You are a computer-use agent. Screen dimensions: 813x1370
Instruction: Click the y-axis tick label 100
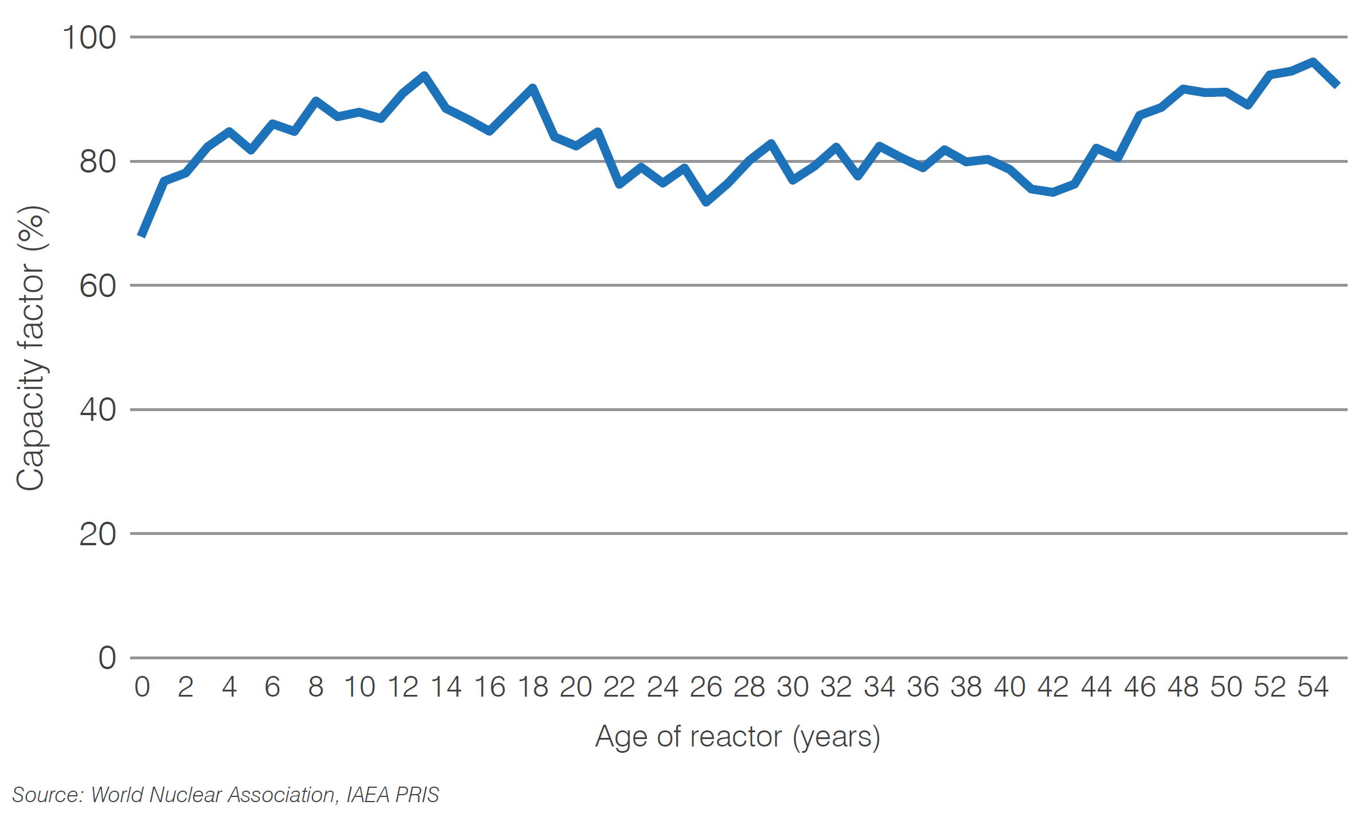[x=89, y=38]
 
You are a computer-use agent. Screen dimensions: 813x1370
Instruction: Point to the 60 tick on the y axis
[x=97, y=286]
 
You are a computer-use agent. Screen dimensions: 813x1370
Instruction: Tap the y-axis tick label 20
[x=97, y=534]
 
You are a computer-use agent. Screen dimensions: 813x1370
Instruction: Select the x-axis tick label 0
[x=142, y=687]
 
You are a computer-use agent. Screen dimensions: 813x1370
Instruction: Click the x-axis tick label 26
[x=706, y=687]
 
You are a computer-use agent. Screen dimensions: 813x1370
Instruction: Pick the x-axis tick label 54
[x=1313, y=687]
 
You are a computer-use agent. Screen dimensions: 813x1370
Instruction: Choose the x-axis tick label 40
[x=1010, y=687]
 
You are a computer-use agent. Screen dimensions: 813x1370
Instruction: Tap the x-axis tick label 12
[x=403, y=687]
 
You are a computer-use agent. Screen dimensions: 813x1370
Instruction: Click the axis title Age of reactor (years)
[x=737, y=737]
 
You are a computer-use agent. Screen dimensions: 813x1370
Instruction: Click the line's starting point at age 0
[x=142, y=235]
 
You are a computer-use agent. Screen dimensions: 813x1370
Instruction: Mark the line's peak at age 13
[x=424, y=75]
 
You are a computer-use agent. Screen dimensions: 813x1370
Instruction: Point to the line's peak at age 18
[x=532, y=88]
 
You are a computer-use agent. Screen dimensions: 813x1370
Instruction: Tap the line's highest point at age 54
[x=1313, y=61]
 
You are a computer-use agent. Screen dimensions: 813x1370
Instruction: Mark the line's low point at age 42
[x=1053, y=193]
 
